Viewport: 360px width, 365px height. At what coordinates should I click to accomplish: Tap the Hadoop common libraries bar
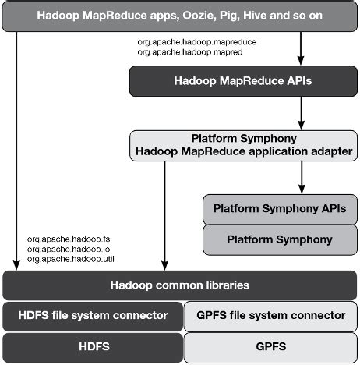pos(179,285)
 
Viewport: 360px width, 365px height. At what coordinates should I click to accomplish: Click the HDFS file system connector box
pos(92,315)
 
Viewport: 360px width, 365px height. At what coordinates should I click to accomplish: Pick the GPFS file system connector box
pos(270,315)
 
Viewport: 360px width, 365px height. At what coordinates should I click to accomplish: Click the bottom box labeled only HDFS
pos(92,346)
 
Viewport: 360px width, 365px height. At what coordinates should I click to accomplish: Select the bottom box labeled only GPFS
pos(270,346)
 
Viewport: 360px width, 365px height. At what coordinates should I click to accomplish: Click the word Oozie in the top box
pos(203,15)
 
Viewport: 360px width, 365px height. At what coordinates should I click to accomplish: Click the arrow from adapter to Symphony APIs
pos(301,175)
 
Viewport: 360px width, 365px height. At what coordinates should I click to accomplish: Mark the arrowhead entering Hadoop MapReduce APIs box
pos(301,60)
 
